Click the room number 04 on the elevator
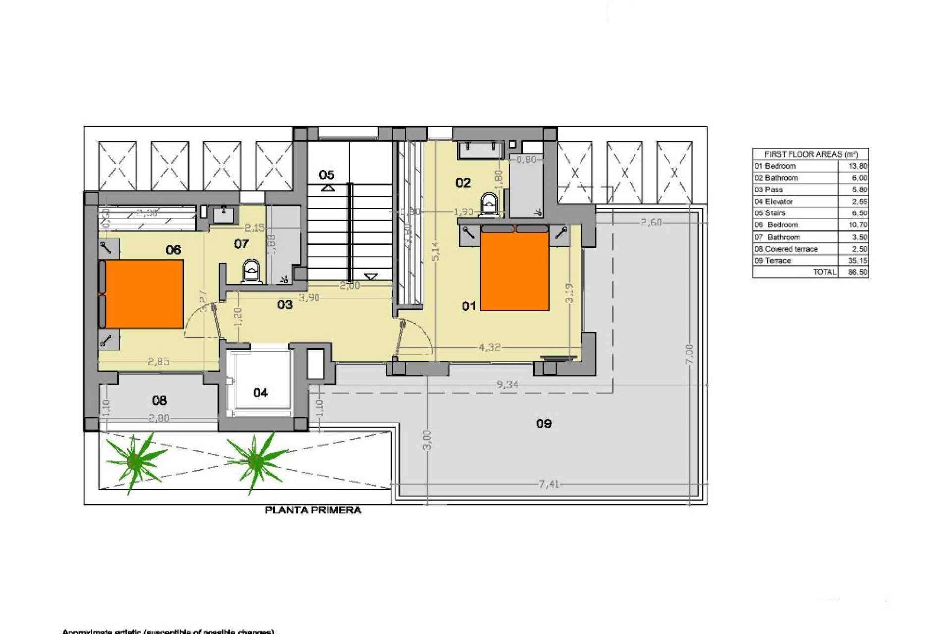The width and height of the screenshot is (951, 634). (261, 393)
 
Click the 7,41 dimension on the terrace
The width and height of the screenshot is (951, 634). (548, 484)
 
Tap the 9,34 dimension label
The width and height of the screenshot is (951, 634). (507, 384)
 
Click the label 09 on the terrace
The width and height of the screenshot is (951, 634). (544, 423)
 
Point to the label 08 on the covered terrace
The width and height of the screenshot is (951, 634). (159, 400)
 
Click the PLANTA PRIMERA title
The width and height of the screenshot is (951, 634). (313, 510)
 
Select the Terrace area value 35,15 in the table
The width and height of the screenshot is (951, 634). (859, 261)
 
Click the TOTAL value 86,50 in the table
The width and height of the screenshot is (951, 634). (859, 272)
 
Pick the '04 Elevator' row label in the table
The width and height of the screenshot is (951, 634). (774, 202)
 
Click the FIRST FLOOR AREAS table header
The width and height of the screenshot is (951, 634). (810, 155)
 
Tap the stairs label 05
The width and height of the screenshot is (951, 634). (327, 175)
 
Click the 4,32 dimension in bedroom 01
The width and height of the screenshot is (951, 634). (489, 348)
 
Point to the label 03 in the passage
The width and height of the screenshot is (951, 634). (285, 305)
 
